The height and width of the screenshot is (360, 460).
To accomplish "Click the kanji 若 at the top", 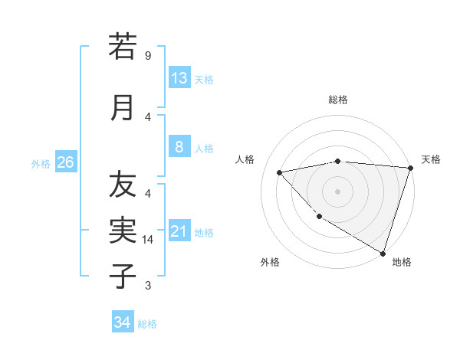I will (x=123, y=47).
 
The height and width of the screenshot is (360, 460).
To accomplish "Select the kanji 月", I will (x=123, y=107).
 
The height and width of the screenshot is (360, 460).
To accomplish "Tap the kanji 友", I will (x=123, y=185).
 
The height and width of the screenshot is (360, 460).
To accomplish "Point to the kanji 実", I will (x=123, y=230).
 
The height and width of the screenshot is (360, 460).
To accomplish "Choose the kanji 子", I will (x=123, y=276).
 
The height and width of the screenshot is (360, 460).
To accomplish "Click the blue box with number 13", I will (x=179, y=78).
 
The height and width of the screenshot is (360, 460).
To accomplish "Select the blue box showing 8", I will (x=179, y=147).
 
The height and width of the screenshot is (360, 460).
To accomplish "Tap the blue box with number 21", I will (x=179, y=231).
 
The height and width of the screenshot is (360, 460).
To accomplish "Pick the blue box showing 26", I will (x=65, y=162).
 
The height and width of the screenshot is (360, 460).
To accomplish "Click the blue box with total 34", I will (x=123, y=322).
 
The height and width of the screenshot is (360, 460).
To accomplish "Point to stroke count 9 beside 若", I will (x=148, y=56).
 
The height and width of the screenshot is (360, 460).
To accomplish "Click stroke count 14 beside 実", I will (x=149, y=240).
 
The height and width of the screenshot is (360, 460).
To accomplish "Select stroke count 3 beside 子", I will (x=148, y=286).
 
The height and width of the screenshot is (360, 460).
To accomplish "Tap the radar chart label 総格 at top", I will (x=338, y=100).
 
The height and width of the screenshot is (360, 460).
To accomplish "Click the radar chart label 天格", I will (x=431, y=159).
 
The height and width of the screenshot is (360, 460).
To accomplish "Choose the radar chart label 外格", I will (x=270, y=263).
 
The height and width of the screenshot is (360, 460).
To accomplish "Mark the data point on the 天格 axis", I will (x=410, y=168).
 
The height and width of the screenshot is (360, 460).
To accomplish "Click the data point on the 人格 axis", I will (x=280, y=172).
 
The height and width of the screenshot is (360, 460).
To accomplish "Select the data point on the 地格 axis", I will (x=383, y=253).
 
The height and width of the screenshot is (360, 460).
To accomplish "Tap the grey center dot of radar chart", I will (x=338, y=191).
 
